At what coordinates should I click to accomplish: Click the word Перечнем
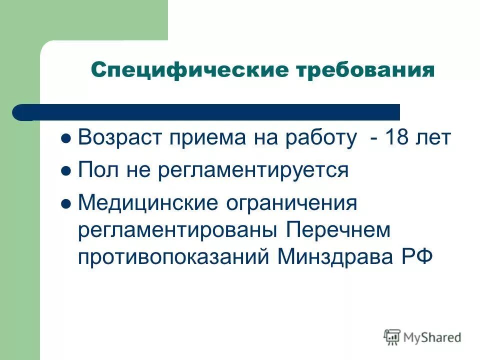coord(337,230)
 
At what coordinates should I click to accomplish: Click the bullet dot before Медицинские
coord(65,204)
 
